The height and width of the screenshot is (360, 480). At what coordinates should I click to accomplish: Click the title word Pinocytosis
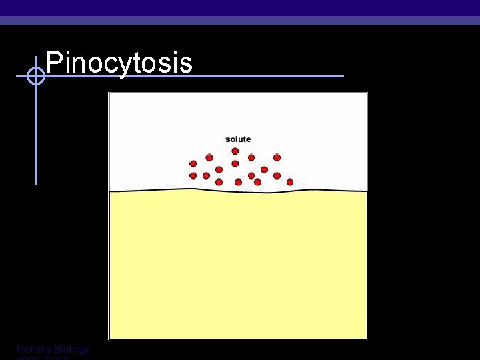pyautogui.click(x=119, y=63)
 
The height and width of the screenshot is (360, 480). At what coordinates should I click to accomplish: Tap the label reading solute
pyautogui.click(x=238, y=139)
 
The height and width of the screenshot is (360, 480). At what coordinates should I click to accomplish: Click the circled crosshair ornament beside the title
pyautogui.click(x=36, y=77)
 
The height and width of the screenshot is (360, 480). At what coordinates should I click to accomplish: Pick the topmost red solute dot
pyautogui.click(x=235, y=151)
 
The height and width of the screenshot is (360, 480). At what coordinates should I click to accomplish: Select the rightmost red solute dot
pyautogui.click(x=290, y=182)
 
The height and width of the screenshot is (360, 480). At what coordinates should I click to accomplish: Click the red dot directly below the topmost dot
pyautogui.click(x=235, y=163)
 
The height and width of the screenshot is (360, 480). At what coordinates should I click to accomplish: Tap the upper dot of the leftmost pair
pyautogui.click(x=193, y=163)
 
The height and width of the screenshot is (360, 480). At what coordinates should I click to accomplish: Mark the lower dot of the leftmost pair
pyautogui.click(x=193, y=176)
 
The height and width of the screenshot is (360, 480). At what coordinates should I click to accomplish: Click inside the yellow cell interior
pyautogui.click(x=238, y=267)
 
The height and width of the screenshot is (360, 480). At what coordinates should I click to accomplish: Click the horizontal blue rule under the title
pyautogui.click(x=267, y=76)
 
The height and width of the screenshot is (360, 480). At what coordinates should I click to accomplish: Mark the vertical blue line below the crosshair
pyautogui.click(x=36, y=133)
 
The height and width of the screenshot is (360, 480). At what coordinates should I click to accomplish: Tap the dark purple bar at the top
pyautogui.click(x=240, y=7)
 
